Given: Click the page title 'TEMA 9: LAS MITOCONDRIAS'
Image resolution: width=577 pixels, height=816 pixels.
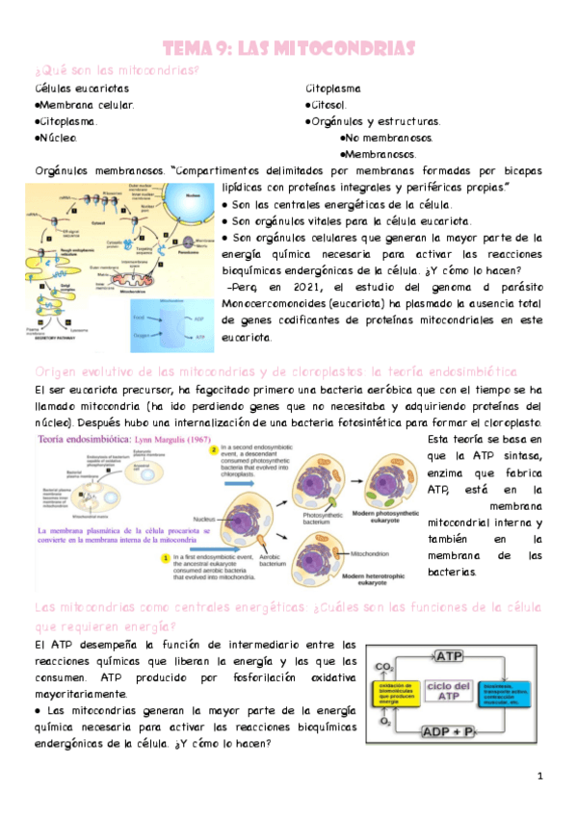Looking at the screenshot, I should pos(289,48).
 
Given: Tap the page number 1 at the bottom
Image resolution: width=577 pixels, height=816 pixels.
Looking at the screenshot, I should pos(541,776).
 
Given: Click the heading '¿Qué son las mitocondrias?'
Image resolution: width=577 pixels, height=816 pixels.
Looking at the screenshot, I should pos(117,71).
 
